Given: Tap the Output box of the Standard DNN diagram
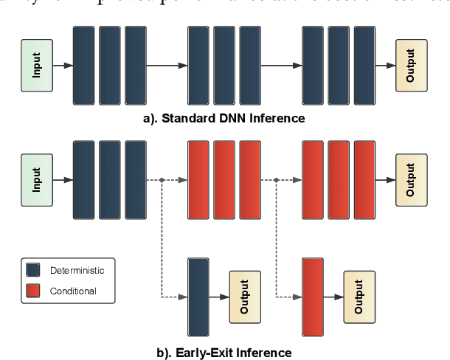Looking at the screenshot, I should pos(412,65).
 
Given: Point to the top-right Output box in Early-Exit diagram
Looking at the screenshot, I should pos(412,179).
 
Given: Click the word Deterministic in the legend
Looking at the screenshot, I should pos(77,270).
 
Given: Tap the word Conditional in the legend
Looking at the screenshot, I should pos(73,291).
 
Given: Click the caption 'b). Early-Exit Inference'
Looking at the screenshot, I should pos(224,352).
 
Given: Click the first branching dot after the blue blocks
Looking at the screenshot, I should pos(162,180).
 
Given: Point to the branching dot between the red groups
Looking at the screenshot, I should pos(276,180).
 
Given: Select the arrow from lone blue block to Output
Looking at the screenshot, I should pos(219,297).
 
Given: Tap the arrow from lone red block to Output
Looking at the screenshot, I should pos(333,297).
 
